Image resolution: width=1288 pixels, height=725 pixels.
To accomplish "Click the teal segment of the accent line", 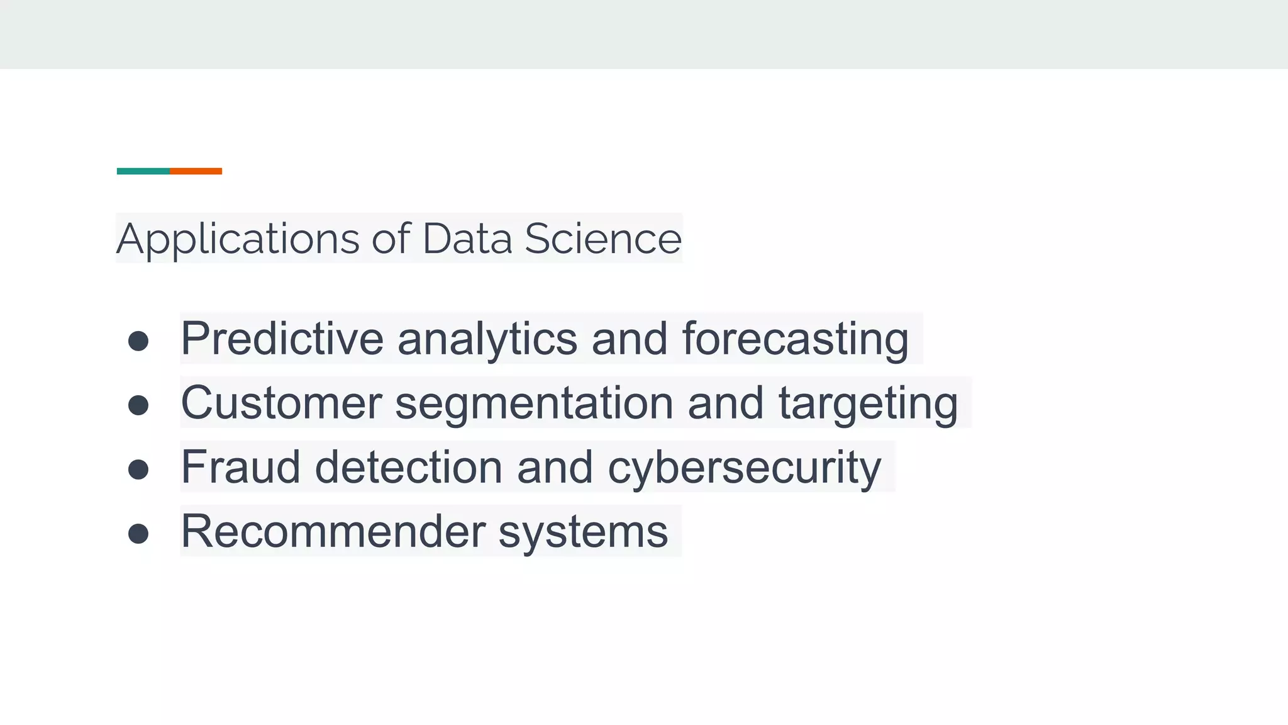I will (x=143, y=171).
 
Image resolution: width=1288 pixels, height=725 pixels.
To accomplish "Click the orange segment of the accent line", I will (x=196, y=171).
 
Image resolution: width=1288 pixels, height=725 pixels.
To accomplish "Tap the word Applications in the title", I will (x=238, y=239).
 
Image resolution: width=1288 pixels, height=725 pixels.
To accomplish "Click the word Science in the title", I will (x=602, y=239).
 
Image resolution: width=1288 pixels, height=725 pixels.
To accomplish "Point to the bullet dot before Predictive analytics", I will (x=138, y=341).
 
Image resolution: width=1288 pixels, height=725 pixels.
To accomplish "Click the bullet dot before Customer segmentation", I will (x=138, y=405).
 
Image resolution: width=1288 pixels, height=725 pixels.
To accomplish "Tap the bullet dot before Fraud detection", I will (x=138, y=469).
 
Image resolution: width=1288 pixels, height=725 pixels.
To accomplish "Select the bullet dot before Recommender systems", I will (x=138, y=534).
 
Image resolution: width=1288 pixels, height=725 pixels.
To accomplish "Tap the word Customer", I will (x=281, y=403).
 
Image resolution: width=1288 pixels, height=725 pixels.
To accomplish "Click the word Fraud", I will (x=240, y=467).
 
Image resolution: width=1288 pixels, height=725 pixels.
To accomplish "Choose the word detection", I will (x=408, y=467).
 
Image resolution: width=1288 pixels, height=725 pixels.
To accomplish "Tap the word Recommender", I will (x=333, y=531).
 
